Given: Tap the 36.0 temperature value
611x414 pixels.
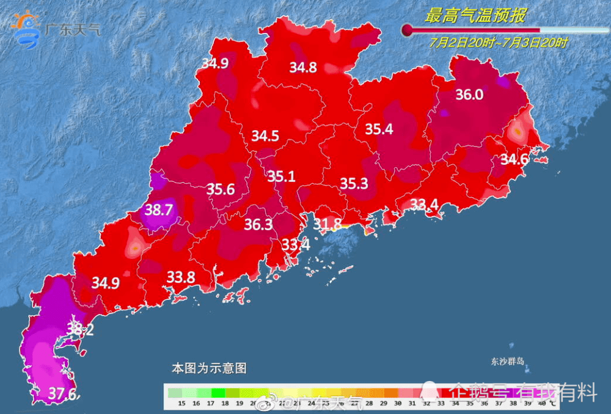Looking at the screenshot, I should (469, 95).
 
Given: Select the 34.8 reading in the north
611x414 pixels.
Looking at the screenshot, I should (303, 68).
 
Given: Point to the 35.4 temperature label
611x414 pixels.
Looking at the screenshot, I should (379, 129).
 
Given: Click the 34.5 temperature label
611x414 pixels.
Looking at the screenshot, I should (265, 136).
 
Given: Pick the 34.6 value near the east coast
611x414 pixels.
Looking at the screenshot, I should (514, 160).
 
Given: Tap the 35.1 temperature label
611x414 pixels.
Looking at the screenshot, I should (281, 176).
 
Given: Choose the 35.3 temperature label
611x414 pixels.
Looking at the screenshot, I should (354, 183).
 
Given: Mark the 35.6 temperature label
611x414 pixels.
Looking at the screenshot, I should (221, 189).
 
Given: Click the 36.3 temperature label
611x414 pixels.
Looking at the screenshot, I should (258, 225).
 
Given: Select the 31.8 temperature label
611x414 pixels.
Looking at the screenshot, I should (327, 224).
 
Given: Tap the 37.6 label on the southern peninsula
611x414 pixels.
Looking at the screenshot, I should (63, 394).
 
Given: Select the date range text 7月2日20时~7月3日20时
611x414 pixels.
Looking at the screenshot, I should (498, 43).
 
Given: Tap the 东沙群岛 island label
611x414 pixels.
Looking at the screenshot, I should (508, 361).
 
